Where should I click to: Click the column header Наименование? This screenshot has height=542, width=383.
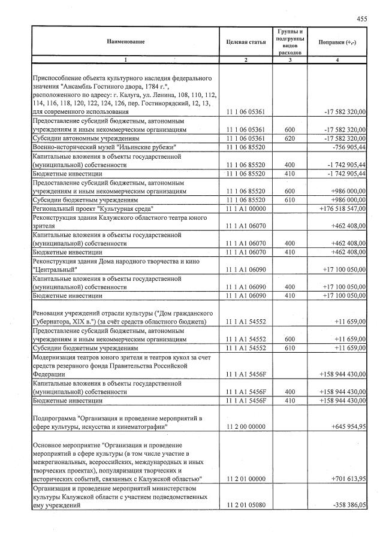tap(126, 41)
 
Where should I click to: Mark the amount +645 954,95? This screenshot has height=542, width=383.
tap(348, 427)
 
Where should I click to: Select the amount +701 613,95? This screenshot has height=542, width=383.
tap(348, 479)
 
